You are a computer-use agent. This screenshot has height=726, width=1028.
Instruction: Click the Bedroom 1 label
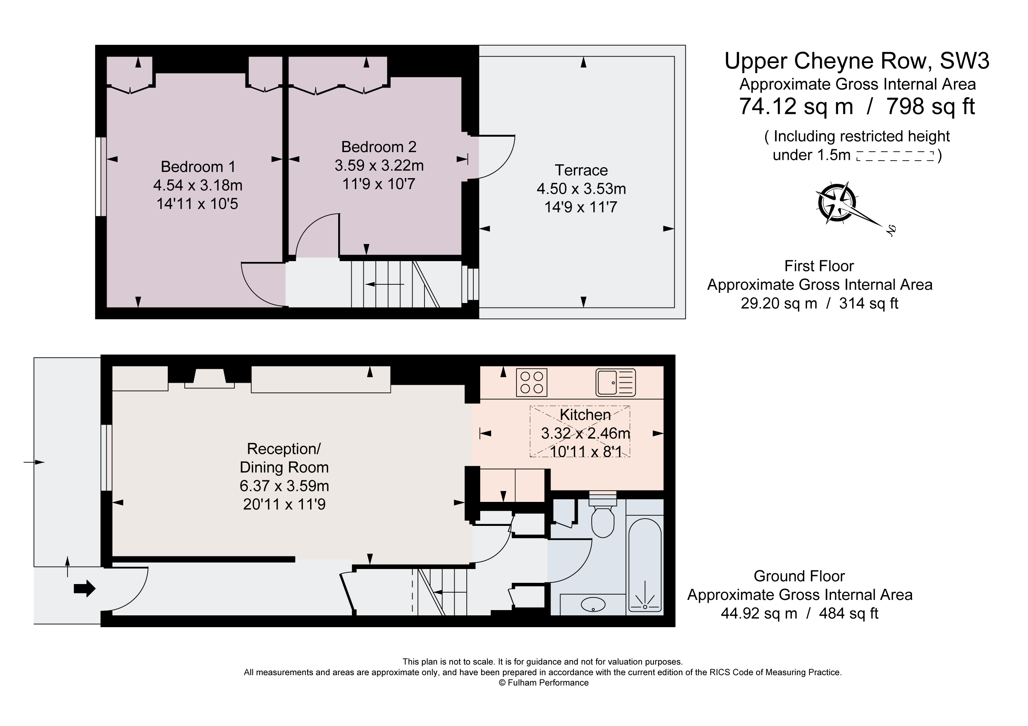coord(198,166)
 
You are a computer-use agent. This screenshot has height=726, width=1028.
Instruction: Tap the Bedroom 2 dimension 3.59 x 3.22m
coord(379,166)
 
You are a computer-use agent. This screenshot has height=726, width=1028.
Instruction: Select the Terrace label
coord(581,170)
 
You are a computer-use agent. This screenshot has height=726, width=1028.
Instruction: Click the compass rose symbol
coord(836,203)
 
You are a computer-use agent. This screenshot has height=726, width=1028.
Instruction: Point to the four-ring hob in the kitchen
coord(531,382)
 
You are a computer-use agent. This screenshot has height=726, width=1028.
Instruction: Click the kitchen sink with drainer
coord(615,382)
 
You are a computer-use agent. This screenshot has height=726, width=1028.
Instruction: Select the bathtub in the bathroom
coord(645,565)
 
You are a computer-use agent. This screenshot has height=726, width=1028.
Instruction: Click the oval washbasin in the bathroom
coord(593,605)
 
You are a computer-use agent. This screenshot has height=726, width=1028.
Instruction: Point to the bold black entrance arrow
coord(84,588)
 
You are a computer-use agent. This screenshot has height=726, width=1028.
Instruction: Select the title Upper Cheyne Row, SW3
coord(857,61)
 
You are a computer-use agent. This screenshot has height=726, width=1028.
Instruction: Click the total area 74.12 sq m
coord(796,107)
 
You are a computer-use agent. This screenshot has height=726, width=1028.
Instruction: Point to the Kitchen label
coord(585,414)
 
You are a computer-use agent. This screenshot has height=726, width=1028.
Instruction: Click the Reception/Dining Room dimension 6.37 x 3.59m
coord(284,486)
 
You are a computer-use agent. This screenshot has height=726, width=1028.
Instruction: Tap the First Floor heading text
coord(819,266)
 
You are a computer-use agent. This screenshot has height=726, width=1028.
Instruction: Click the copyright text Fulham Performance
coord(544,682)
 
